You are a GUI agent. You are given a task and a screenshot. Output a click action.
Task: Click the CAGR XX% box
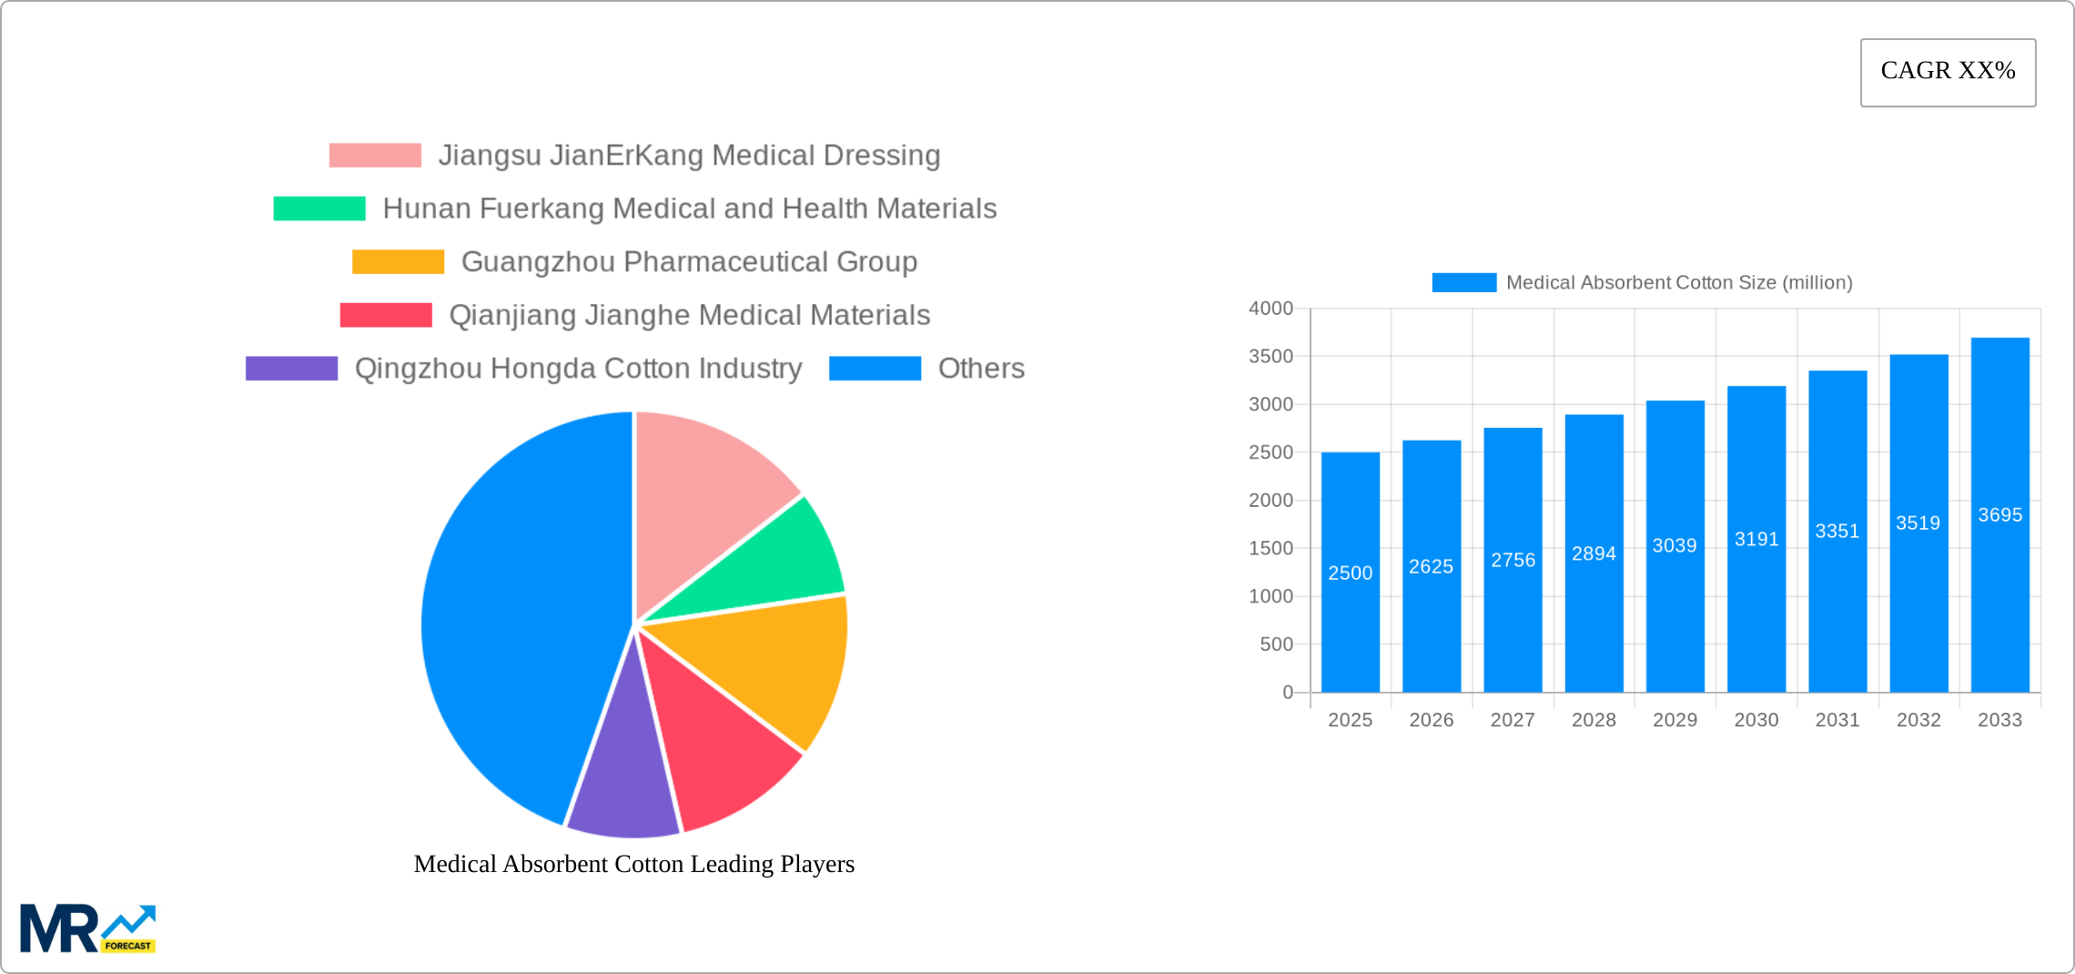[1948, 72]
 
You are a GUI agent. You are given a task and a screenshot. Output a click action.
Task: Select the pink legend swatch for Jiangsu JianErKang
[375, 156]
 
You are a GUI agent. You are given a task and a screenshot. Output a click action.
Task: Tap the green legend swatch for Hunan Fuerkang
[319, 208]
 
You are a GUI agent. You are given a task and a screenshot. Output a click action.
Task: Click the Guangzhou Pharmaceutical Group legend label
[689, 262]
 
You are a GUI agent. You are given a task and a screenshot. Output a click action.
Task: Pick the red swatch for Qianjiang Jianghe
[386, 315]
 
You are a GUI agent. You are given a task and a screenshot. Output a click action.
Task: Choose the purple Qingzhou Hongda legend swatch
[291, 369]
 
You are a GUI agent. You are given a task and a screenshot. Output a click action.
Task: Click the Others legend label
[981, 369]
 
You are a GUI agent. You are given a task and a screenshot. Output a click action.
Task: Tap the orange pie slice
[774, 665]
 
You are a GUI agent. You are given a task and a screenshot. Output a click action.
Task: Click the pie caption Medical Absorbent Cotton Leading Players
[634, 864]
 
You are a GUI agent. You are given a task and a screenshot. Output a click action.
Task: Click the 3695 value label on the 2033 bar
[1999, 515]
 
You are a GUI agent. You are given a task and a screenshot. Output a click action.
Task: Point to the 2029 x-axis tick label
[1675, 720]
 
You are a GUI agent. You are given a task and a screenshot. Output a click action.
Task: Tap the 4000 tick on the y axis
[1270, 309]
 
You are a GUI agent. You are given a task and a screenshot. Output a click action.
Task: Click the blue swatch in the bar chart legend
[1463, 283]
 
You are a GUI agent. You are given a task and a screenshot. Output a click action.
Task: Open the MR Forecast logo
[88, 928]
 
